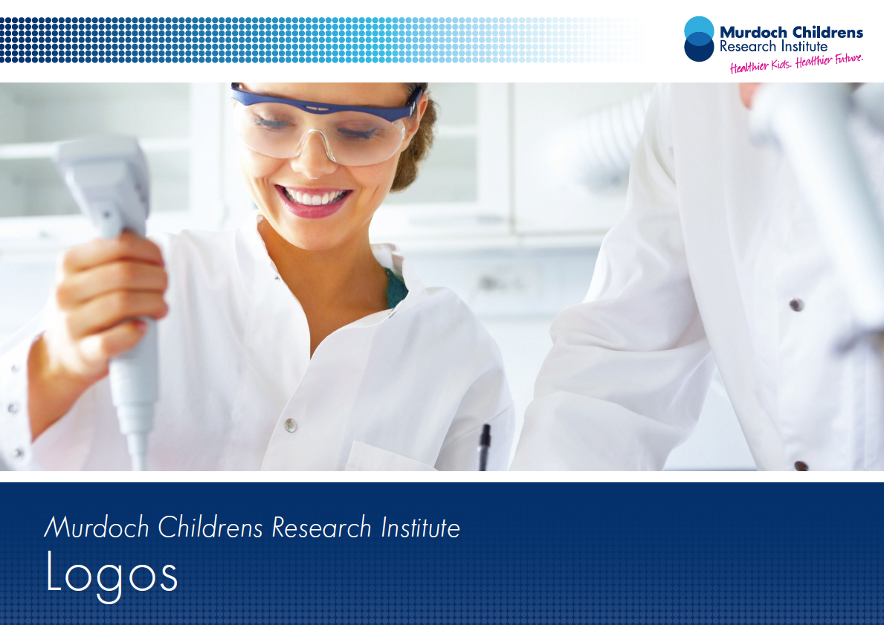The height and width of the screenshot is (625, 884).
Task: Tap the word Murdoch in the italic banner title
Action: click(x=97, y=528)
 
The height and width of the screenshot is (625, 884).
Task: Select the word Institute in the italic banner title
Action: click(x=421, y=528)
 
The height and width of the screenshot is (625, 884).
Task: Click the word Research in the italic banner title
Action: click(x=321, y=528)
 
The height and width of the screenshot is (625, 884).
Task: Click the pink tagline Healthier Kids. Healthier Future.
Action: click(x=796, y=63)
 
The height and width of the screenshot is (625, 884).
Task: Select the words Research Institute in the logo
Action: click(x=773, y=46)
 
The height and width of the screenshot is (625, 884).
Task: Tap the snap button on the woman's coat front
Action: click(x=291, y=424)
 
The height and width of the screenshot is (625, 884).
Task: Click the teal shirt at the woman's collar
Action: click(x=396, y=288)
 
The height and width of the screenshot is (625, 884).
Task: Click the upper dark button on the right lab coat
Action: click(x=796, y=305)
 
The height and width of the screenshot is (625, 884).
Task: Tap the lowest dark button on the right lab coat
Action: click(x=801, y=465)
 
